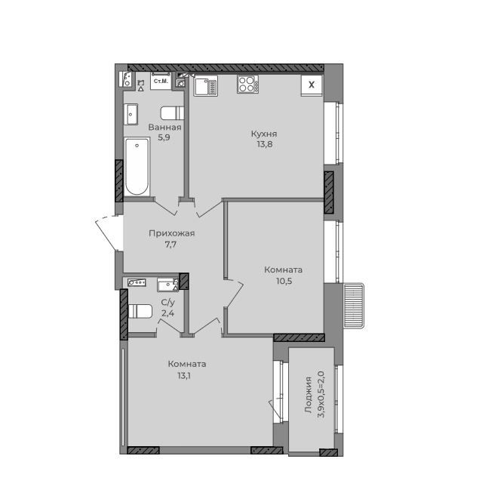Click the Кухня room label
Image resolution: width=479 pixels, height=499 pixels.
264,134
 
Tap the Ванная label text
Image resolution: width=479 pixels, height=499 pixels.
164,128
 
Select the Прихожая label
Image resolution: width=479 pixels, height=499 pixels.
172,233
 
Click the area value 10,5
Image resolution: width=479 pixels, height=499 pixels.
284,281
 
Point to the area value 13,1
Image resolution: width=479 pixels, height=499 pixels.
186,376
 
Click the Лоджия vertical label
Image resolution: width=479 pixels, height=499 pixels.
309,395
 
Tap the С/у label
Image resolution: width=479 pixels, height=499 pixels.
168,302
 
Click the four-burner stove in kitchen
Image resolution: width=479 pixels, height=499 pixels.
247,85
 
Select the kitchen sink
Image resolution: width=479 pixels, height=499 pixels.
205,86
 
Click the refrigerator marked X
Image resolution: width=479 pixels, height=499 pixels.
312,85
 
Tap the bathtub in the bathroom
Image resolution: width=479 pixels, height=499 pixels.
137,167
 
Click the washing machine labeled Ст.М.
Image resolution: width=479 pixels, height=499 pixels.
161,81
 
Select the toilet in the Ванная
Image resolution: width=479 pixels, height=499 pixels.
173,113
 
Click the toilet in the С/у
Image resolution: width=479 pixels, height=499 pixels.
140,311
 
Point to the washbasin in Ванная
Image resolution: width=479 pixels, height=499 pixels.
130,114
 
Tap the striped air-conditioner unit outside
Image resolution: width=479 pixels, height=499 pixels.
354,306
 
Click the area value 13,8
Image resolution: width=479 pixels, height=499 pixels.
265,144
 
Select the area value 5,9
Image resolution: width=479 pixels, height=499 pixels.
164,137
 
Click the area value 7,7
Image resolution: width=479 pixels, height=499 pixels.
170,245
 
